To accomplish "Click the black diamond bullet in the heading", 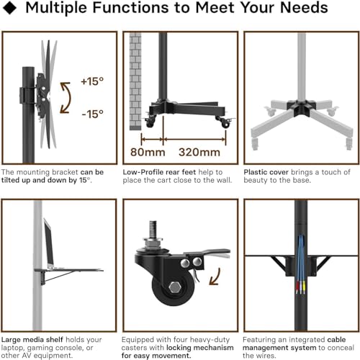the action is (x=9, y=8).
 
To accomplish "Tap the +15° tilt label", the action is (x=92, y=81).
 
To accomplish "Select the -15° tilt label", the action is (x=93, y=114).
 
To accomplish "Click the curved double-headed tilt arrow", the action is (x=67, y=98).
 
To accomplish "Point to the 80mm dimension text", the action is (x=148, y=152).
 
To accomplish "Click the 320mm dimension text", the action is (x=199, y=152).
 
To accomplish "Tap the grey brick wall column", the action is (x=135, y=81).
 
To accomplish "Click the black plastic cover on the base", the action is (x=302, y=107).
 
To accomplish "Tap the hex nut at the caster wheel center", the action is (x=174, y=287).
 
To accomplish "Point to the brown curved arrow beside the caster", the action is (x=215, y=277).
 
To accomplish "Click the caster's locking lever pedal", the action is (x=210, y=252).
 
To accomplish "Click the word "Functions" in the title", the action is (x=131, y=8).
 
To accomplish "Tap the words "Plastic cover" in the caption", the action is (x=266, y=172).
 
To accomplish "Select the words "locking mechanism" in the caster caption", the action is (x=200, y=348).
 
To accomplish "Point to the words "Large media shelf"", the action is (x=32, y=340).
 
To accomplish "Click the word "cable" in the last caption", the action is (x=336, y=340).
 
